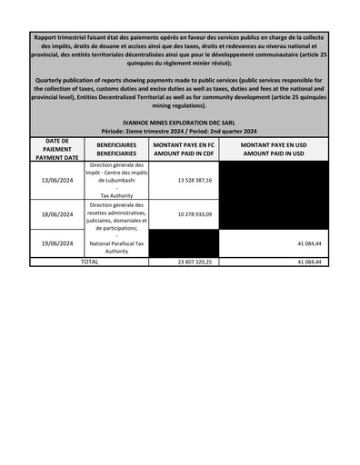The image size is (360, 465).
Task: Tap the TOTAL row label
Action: point(89,262)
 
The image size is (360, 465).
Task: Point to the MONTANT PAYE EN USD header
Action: point(274,145)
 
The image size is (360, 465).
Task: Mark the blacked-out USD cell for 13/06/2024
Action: point(274,180)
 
